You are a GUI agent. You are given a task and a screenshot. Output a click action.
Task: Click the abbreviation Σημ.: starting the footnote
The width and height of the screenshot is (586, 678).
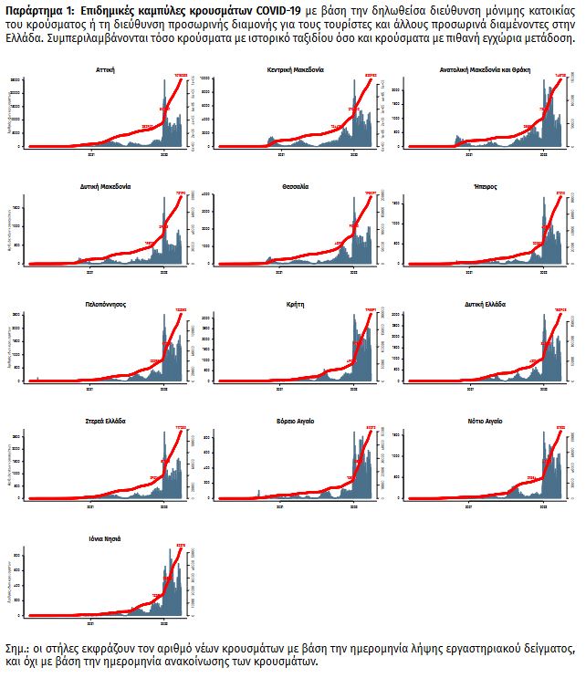pyautogui.click(x=17, y=648)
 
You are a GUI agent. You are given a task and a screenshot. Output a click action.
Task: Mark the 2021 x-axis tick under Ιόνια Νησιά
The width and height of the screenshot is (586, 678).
pyautogui.click(x=90, y=624)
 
